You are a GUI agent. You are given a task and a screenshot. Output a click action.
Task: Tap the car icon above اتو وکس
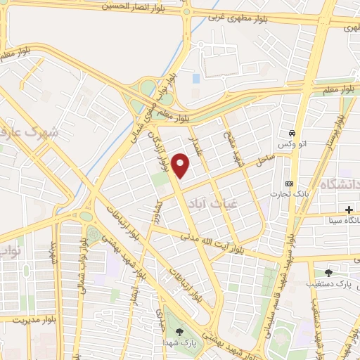tap(291, 133)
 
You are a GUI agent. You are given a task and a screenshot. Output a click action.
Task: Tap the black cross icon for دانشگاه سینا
tap(349, 210)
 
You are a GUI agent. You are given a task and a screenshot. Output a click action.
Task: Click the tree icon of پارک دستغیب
tap(329, 273)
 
